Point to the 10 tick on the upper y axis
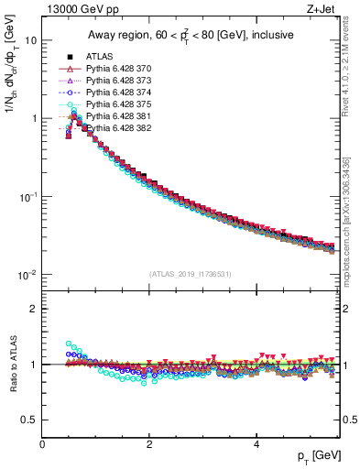click(x=31, y=40)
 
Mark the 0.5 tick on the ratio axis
click(x=29, y=420)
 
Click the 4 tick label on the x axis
click(x=256, y=443)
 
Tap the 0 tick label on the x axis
click(x=43, y=443)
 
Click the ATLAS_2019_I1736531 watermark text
click(x=190, y=274)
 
